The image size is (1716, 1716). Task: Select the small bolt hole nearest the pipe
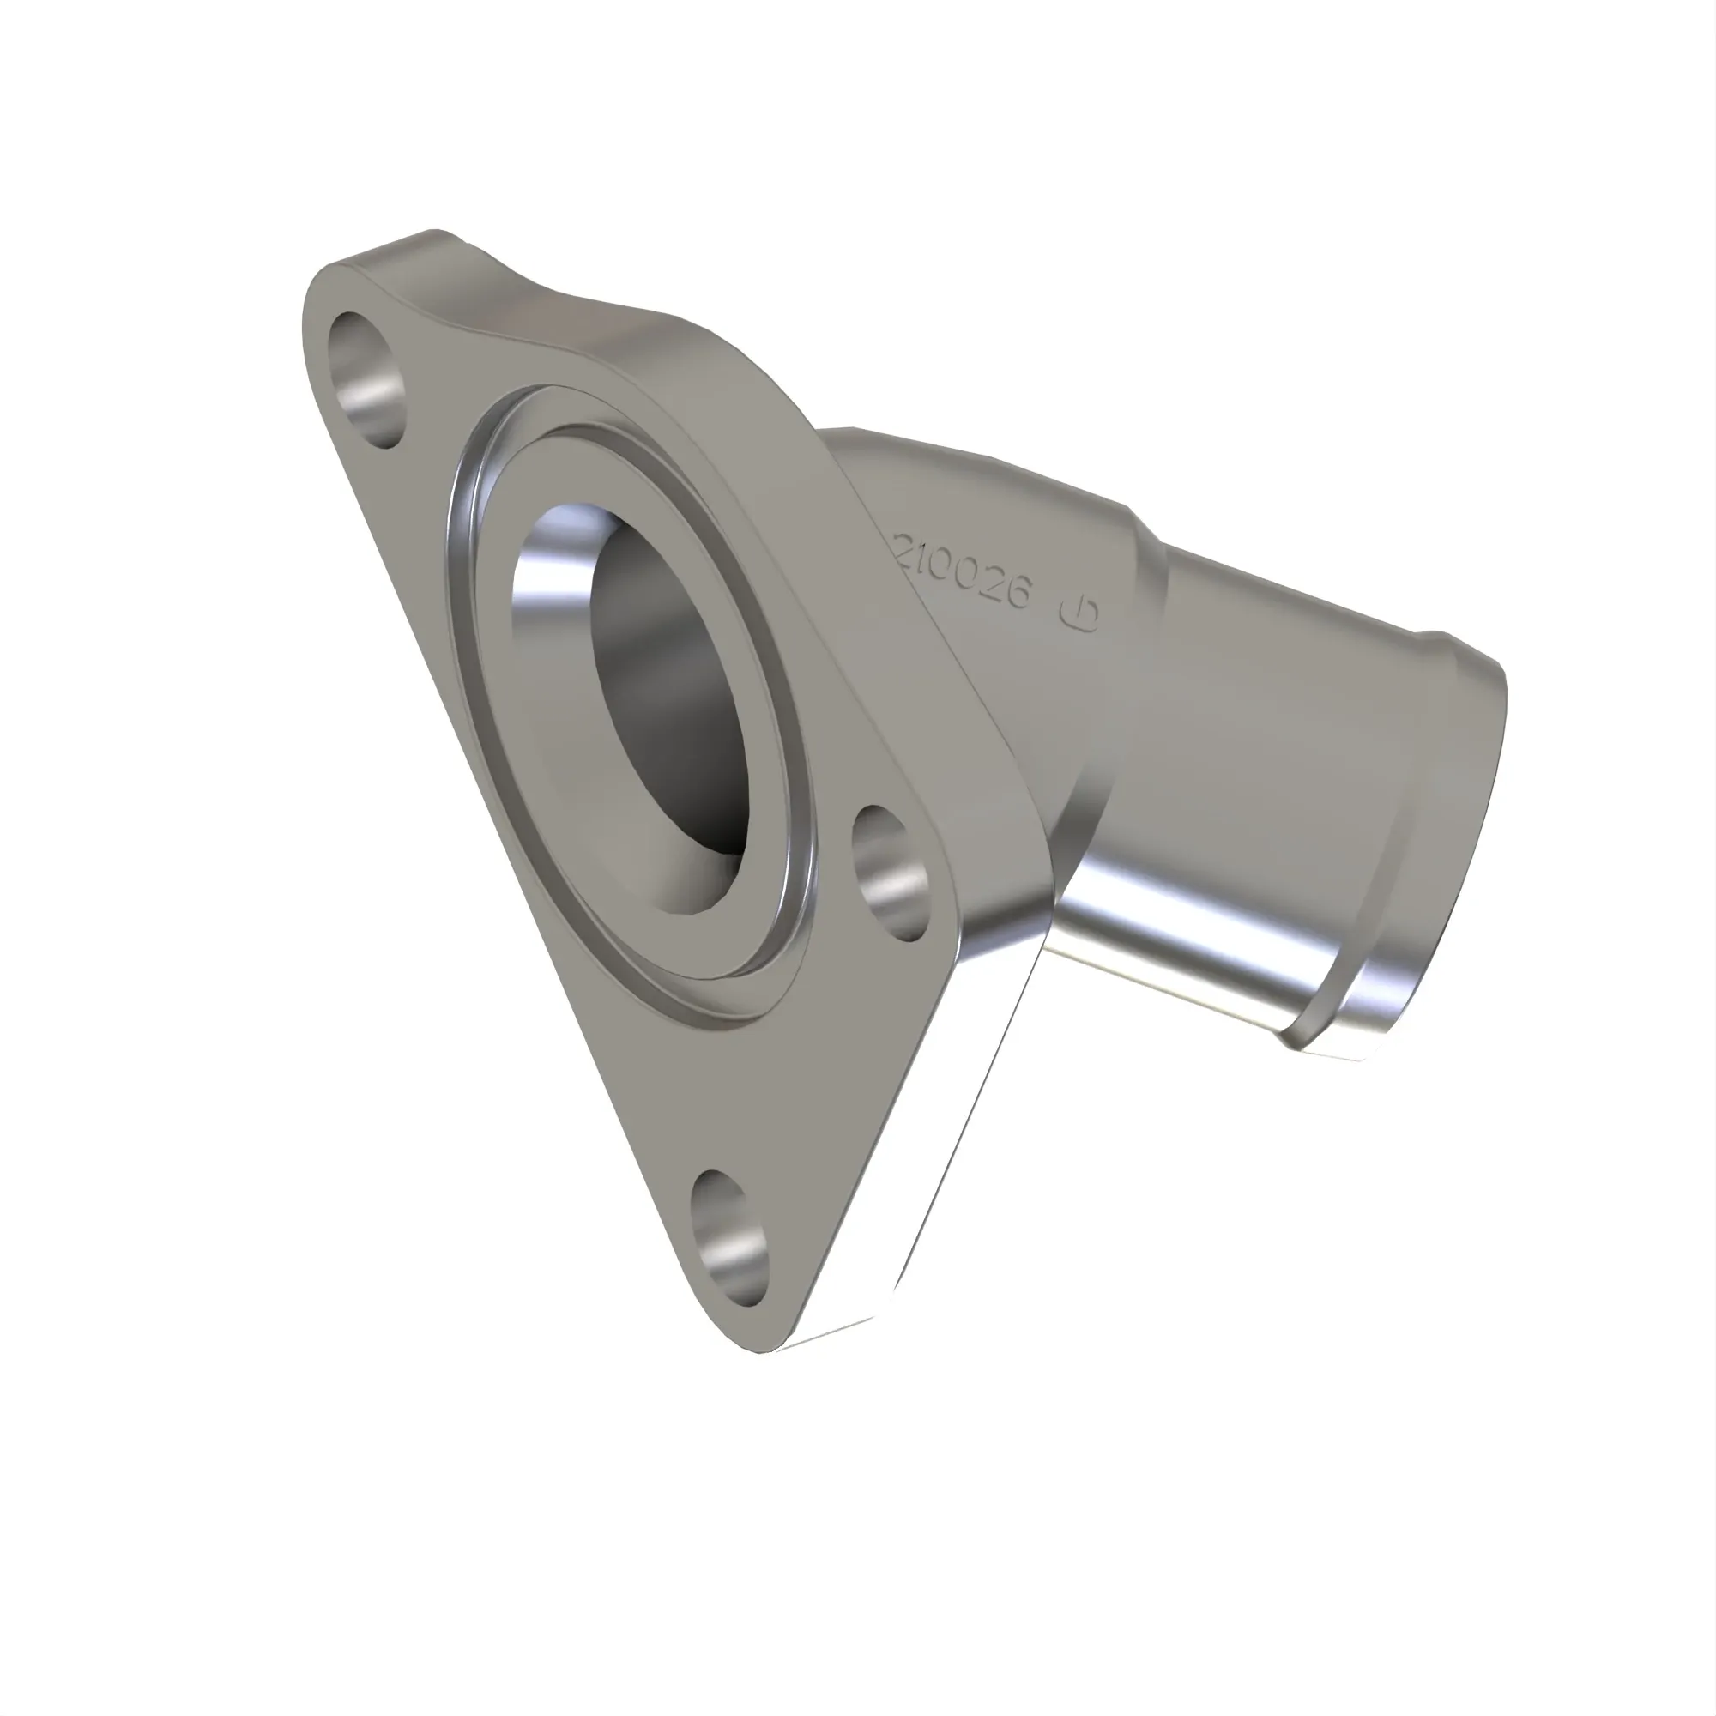[x=890, y=873]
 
